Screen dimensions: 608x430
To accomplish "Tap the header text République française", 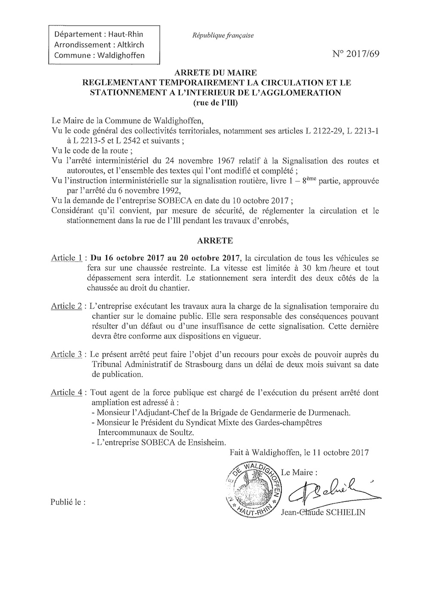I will point(223,35).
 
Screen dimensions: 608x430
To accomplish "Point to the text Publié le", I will point(68,501).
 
